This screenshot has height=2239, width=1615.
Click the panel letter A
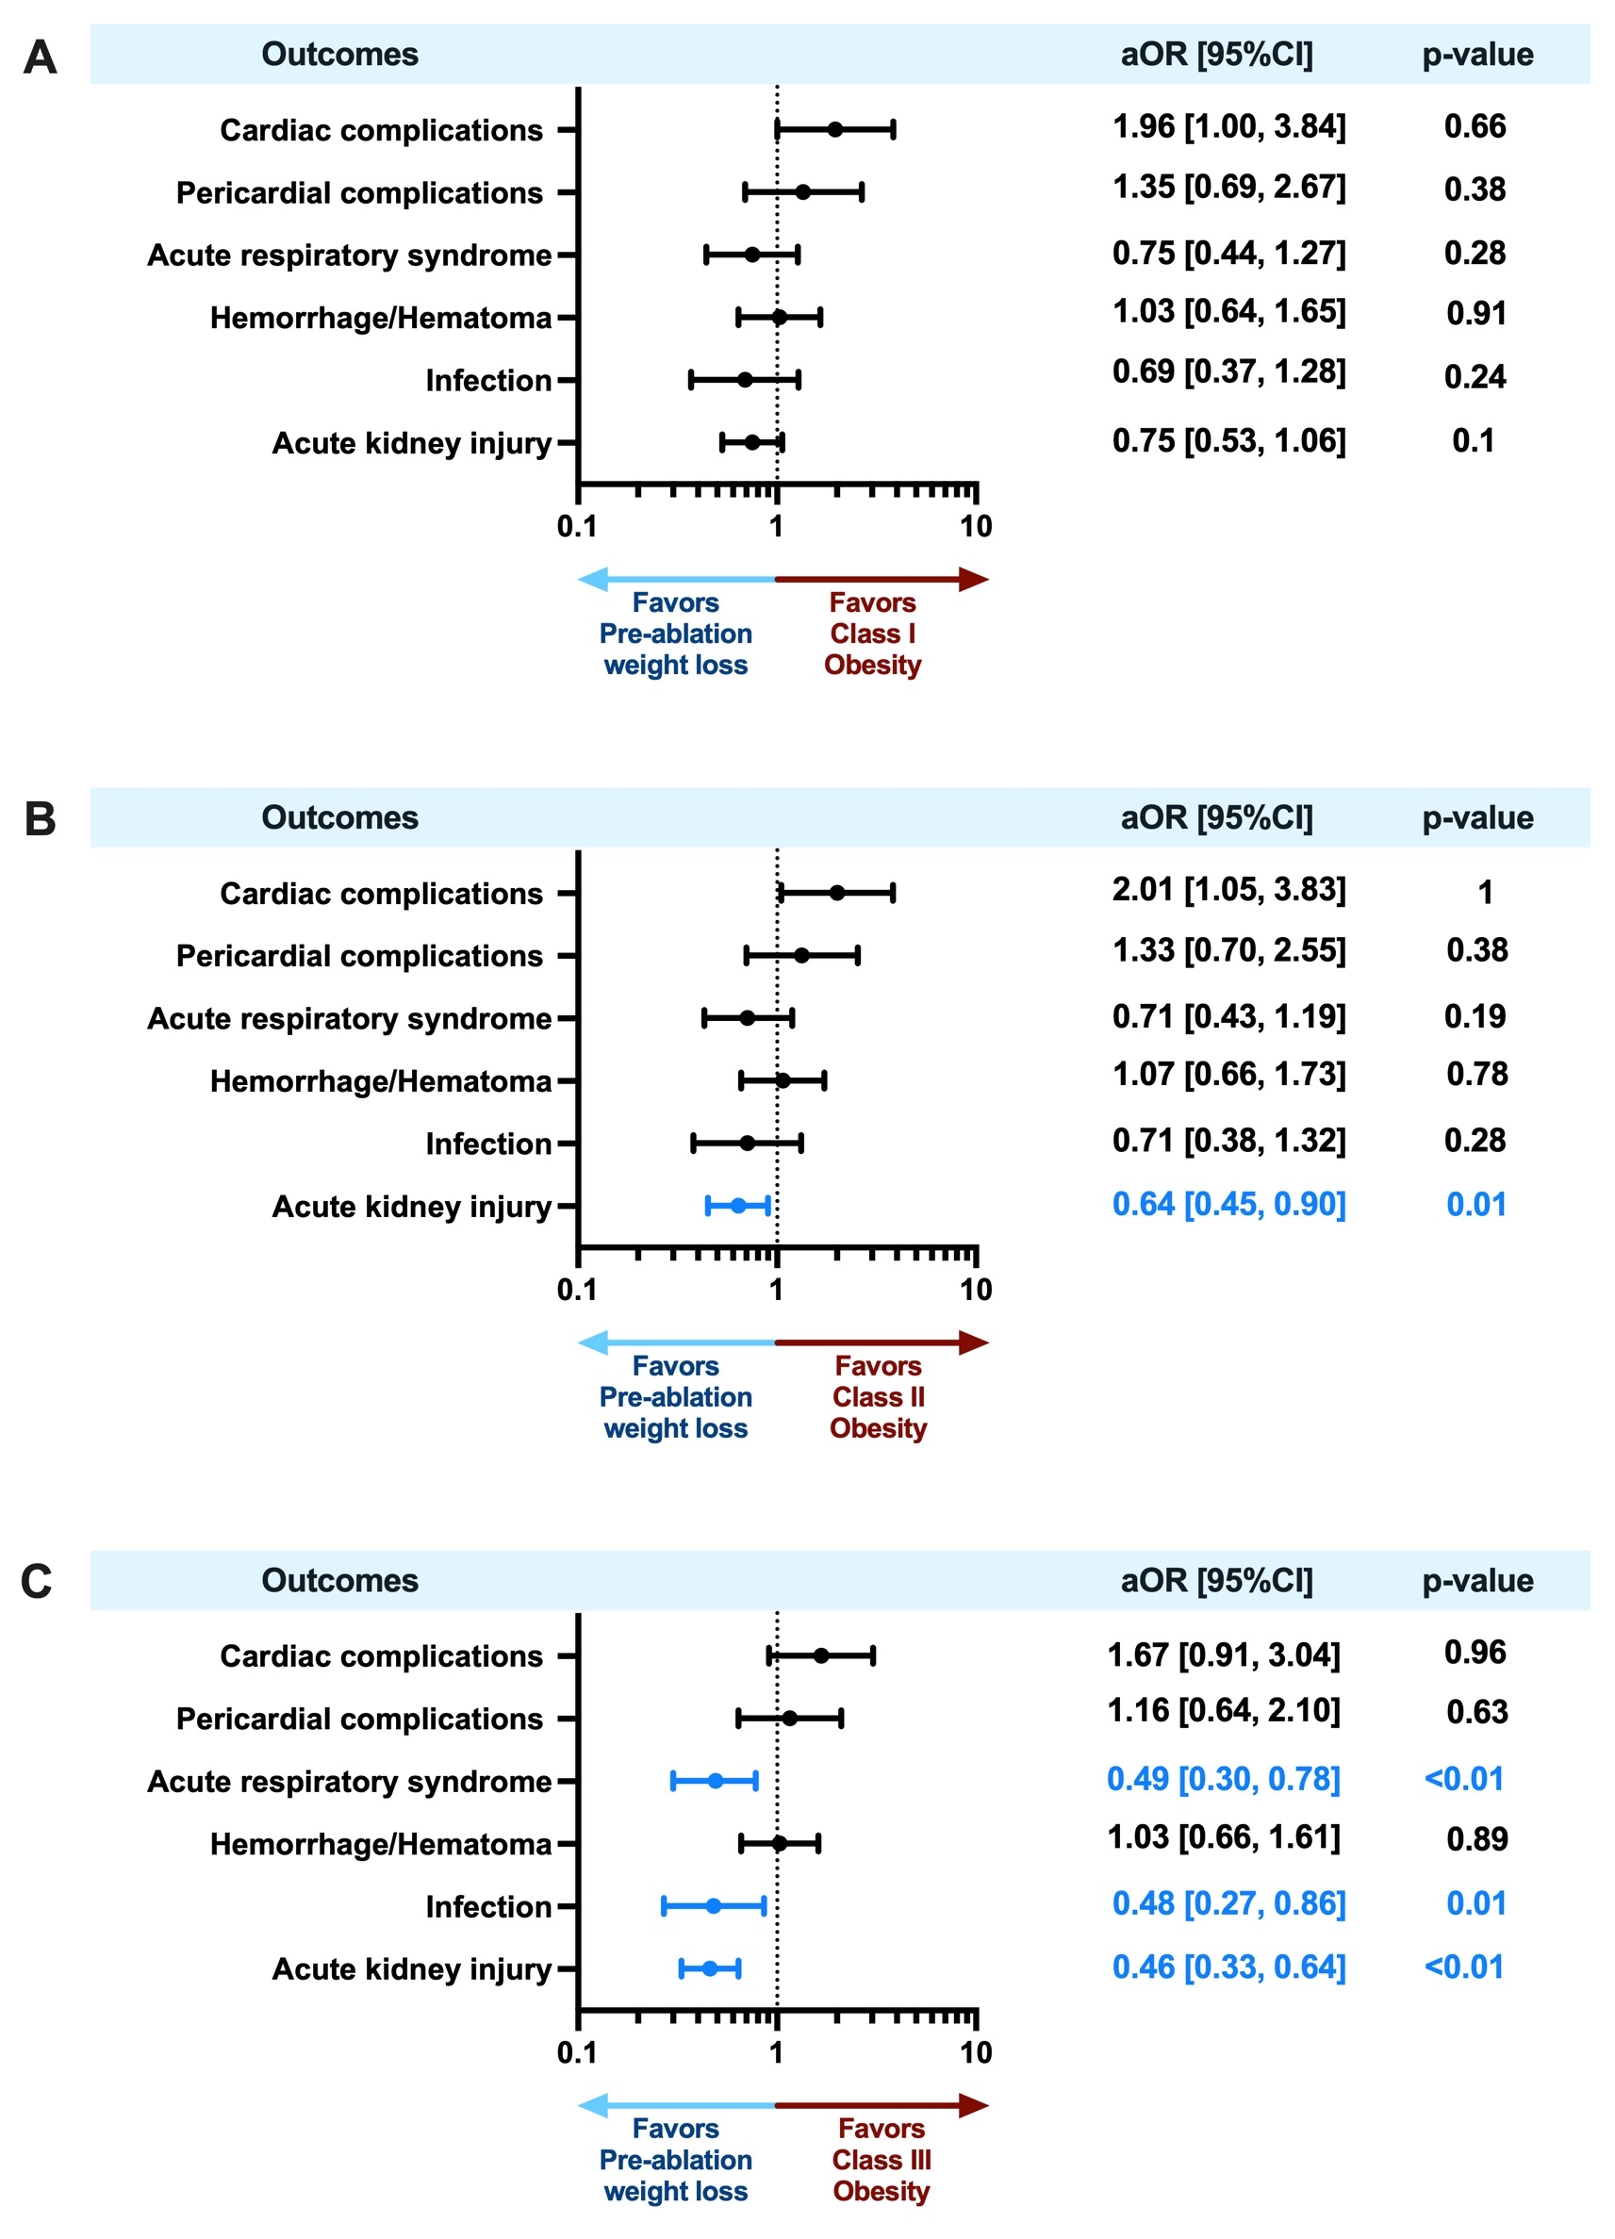click(40, 58)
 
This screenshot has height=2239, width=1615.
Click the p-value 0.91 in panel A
click(1475, 313)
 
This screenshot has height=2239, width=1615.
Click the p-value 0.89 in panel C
click(1476, 1838)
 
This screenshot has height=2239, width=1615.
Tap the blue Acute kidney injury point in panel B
click(737, 1206)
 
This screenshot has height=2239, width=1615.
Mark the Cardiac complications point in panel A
click(835, 129)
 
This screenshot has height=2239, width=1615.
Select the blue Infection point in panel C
click(713, 1905)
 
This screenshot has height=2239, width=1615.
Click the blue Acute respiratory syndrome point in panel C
click(715, 1781)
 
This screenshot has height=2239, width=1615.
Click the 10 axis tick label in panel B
click(976, 1290)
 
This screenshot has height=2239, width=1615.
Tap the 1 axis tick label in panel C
click(777, 2052)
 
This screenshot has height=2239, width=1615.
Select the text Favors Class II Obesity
click(878, 1397)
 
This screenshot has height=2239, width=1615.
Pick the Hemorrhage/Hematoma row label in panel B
click(380, 1081)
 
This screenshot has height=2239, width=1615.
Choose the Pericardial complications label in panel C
click(359, 1719)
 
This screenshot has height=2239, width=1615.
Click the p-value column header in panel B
click(1476, 817)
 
